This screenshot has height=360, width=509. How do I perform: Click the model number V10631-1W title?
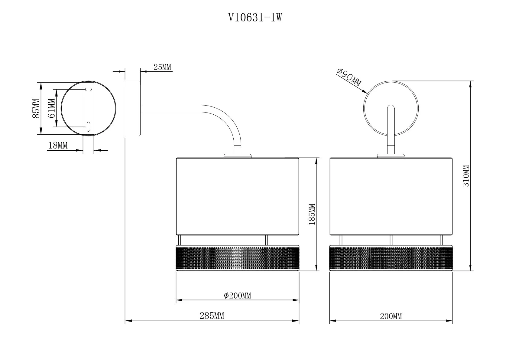tap(255, 18)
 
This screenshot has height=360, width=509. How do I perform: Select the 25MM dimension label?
tap(162, 67)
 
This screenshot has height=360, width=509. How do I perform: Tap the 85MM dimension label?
tap(36, 109)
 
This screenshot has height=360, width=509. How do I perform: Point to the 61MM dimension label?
tap(52, 108)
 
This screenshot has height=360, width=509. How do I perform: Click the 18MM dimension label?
tap(58, 145)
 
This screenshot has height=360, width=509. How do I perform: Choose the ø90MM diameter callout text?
tap(349, 77)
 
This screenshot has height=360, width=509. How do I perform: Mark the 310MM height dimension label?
tap(465, 176)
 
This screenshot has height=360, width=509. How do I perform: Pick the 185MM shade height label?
tap(312, 214)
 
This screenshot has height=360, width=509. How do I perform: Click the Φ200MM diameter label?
tap(238, 296)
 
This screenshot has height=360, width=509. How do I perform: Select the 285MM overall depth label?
tap(212, 316)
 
